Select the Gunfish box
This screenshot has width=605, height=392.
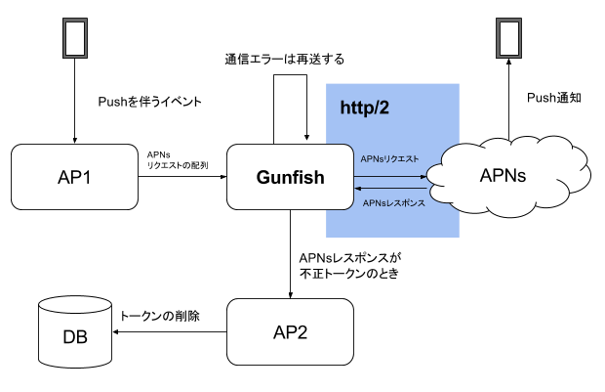[x=290, y=177]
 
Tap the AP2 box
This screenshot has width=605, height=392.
[x=290, y=332]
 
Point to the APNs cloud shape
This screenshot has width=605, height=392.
[x=506, y=177]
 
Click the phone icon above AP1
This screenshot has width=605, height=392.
[x=74, y=38]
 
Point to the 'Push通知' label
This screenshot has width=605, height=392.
[x=553, y=98]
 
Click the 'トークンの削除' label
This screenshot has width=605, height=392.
[x=158, y=317]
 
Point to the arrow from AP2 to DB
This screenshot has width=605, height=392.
[x=171, y=332]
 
